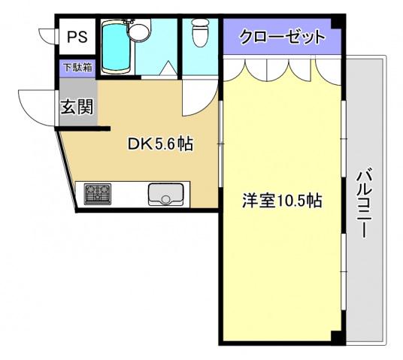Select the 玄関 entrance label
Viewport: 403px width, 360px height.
77,106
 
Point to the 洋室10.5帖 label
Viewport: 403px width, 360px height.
282,201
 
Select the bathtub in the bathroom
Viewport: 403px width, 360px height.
115,47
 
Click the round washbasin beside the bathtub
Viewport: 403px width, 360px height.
139,31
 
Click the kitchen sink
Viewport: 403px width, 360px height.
165,195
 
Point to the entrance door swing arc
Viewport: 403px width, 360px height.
36,105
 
